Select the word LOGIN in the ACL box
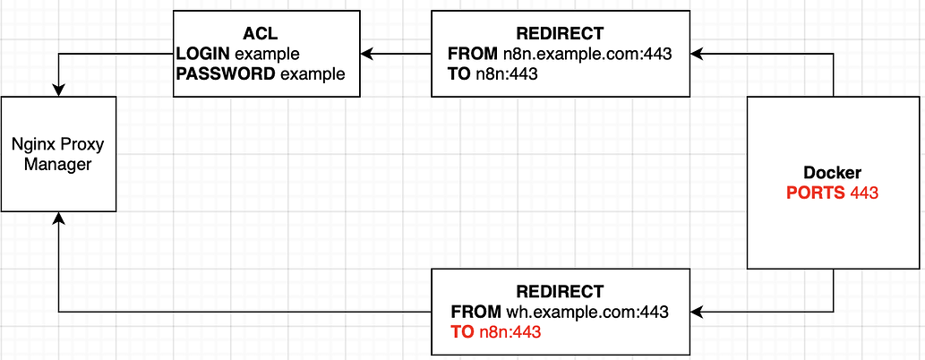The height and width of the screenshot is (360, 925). (202, 54)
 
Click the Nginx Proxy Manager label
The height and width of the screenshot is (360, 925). (58, 155)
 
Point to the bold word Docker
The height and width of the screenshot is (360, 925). (833, 172)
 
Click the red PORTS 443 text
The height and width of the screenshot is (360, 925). (833, 193)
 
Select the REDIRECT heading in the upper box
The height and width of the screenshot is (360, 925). (561, 34)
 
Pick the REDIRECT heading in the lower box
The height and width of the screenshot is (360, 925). (561, 292)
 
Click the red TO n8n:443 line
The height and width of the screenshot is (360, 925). (496, 332)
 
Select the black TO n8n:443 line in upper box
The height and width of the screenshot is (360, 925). (492, 74)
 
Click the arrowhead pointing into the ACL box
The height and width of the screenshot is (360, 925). (367, 55)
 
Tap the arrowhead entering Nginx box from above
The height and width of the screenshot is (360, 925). (58, 91)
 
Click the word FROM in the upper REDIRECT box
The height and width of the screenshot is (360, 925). (473, 54)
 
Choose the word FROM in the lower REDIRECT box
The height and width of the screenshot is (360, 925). (476, 313)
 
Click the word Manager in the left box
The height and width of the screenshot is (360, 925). (58, 165)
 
